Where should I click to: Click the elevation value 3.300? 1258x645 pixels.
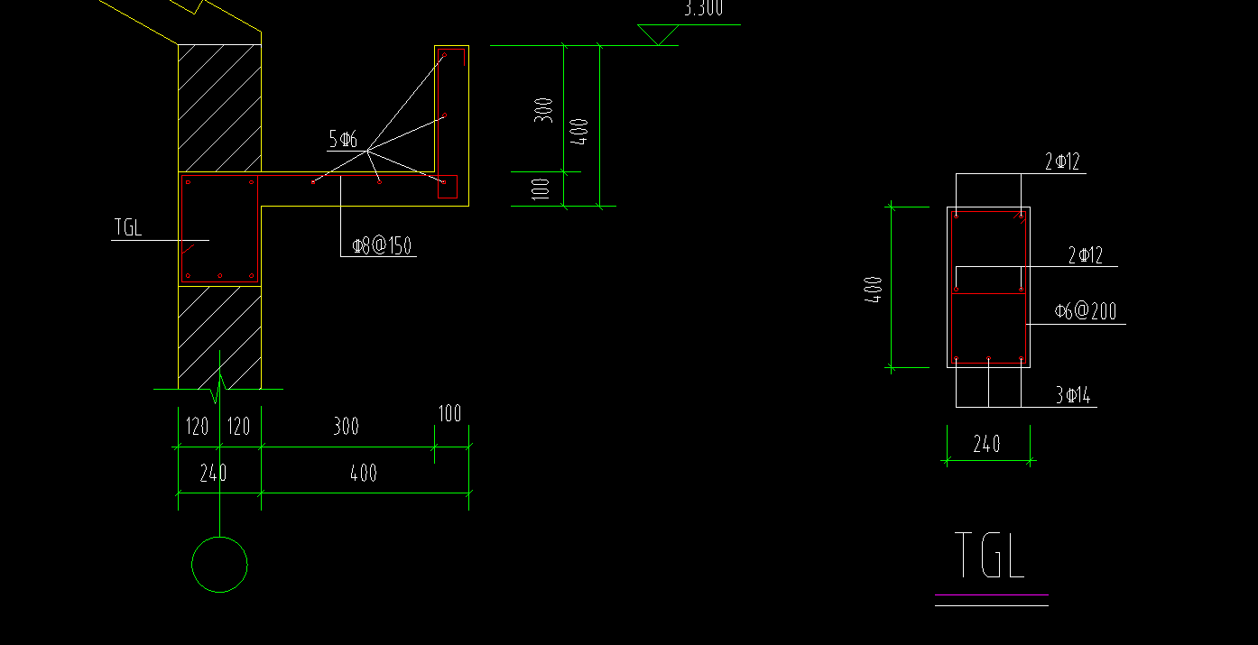click(x=703, y=9)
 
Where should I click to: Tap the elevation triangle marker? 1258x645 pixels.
click(x=659, y=34)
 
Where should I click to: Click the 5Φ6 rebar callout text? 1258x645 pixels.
click(x=343, y=139)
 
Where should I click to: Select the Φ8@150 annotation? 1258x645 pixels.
click(x=383, y=245)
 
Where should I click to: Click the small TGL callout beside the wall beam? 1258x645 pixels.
click(x=128, y=227)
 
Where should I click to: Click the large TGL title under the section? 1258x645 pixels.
click(x=989, y=556)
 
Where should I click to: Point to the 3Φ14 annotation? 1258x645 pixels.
click(x=1073, y=395)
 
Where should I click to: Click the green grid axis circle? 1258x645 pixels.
click(x=219, y=565)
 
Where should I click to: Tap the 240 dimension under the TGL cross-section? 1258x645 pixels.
click(x=986, y=444)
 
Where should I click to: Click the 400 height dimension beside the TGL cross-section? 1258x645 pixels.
click(x=874, y=289)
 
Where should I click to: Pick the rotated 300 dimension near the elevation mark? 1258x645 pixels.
click(x=544, y=110)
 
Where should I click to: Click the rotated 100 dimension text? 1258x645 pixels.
click(x=541, y=189)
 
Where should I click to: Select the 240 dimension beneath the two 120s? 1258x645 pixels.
click(x=213, y=473)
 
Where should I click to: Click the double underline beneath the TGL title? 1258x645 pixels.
click(x=991, y=600)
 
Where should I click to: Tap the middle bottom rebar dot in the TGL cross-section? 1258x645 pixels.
click(x=989, y=360)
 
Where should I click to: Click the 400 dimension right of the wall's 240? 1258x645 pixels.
click(x=364, y=473)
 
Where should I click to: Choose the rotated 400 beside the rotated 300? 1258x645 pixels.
click(x=581, y=132)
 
